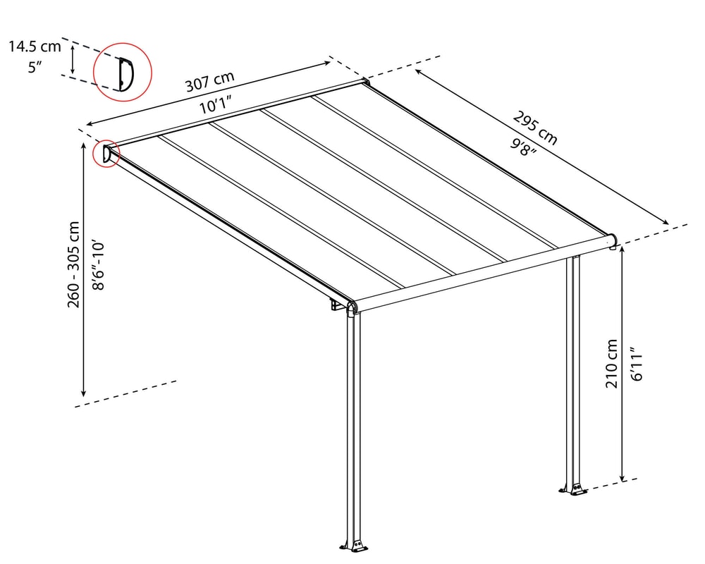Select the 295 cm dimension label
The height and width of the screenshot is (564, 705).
(535, 128)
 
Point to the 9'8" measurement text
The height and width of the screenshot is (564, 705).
(523, 147)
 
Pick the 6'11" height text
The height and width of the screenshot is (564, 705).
(637, 364)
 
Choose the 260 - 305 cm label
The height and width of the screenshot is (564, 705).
(73, 264)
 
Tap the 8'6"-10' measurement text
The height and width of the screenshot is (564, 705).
(98, 266)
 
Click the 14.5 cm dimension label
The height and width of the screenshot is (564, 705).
(35, 47)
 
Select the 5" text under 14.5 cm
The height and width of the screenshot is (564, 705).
(35, 68)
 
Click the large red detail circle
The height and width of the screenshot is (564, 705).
(122, 72)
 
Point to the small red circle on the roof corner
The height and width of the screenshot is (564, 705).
(106, 154)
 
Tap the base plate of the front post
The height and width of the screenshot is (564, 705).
(355, 545)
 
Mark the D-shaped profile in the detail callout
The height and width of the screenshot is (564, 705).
(126, 74)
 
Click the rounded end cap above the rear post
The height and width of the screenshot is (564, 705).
(611, 241)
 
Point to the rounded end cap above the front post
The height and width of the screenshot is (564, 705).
(352, 307)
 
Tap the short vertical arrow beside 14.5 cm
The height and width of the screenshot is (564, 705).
(73, 59)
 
